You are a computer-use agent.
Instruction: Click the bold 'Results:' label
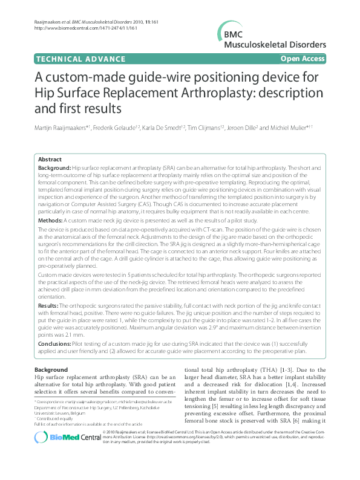50,306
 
